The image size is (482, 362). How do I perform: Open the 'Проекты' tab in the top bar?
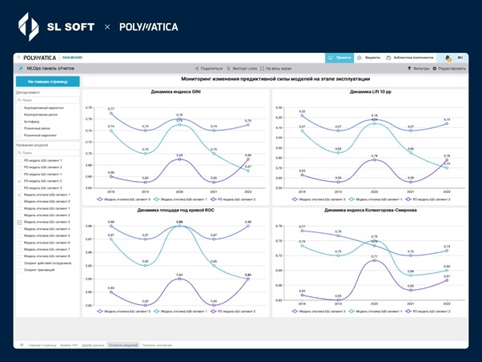pos(340,58)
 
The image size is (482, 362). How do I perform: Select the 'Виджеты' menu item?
pos(370,58)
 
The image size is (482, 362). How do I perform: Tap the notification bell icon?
pos(448,58)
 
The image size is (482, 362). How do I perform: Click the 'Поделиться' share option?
pos(209,69)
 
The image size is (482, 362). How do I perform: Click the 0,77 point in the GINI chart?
pos(111,113)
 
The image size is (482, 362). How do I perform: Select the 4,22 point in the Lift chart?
pos(302,115)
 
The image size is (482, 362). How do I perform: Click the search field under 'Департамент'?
pos(47,101)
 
